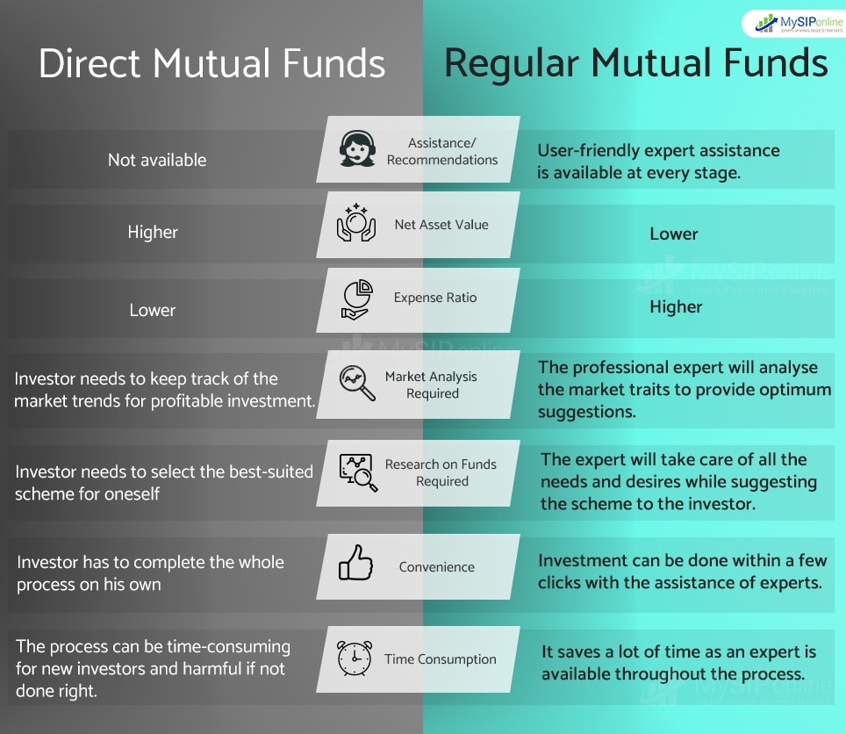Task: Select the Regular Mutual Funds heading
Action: [x=635, y=64]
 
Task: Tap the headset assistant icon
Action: [x=357, y=149]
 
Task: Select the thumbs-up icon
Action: [x=356, y=564]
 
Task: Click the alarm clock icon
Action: [x=355, y=657]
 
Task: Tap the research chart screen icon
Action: [x=357, y=471]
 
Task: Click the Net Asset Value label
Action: [x=441, y=225]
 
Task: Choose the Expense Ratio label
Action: [x=435, y=298]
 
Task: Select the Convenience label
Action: [x=437, y=567]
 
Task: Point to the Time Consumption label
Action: [x=441, y=659]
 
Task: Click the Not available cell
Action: [x=157, y=160]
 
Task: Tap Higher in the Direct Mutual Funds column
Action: [x=153, y=233]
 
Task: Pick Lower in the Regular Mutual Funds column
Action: [x=674, y=234]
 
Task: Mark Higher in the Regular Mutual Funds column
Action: [x=676, y=306]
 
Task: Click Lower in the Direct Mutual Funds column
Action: [x=153, y=310]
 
